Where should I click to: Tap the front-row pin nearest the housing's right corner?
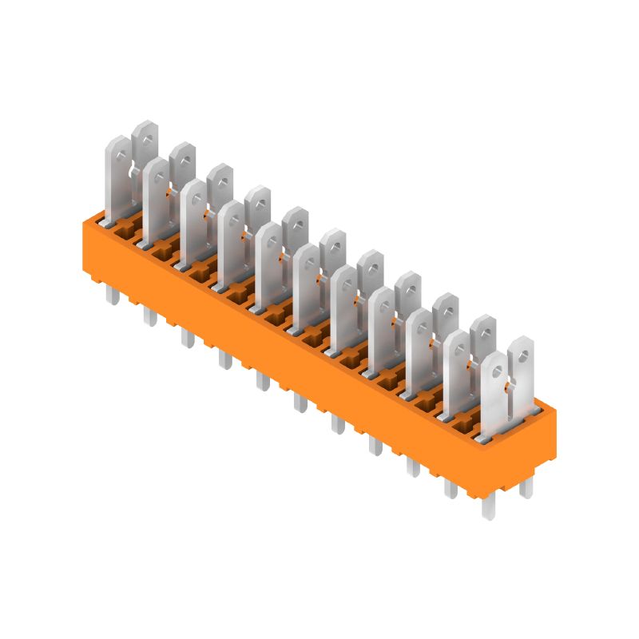tap(489, 505)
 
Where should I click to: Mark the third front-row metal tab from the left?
tap(193, 220)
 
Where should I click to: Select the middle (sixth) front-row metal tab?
tap(306, 288)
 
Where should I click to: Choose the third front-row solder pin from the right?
tap(413, 466)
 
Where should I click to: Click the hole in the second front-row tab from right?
tap(457, 344)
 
